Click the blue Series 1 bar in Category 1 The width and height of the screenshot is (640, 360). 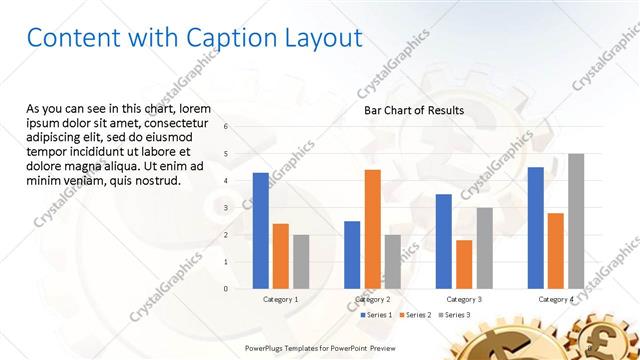click(x=261, y=231)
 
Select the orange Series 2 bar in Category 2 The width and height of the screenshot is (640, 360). click(x=372, y=229)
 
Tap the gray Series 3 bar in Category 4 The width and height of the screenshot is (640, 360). click(x=576, y=221)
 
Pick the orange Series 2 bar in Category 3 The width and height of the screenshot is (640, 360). click(x=464, y=264)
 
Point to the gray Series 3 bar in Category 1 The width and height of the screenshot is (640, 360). click(x=301, y=262)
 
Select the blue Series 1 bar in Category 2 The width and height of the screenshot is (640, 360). click(x=352, y=255)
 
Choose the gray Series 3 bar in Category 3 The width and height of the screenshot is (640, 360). click(x=484, y=248)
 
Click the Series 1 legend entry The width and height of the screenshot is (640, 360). click(x=375, y=315)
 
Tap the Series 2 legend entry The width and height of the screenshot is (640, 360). click(x=416, y=315)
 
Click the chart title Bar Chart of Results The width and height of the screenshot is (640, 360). click(x=413, y=110)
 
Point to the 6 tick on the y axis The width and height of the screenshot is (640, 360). click(x=226, y=127)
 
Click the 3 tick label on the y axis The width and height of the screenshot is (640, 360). click(x=226, y=208)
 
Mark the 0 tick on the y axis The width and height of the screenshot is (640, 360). click(x=226, y=289)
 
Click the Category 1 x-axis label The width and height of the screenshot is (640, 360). click(x=281, y=300)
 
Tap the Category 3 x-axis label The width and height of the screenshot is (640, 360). click(x=464, y=300)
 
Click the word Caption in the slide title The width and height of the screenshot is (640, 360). click(x=233, y=38)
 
